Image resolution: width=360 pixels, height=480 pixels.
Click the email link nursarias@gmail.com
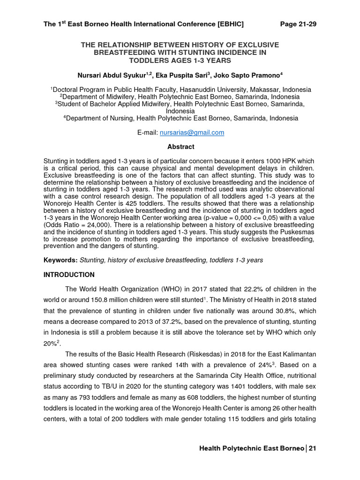tap(192, 133)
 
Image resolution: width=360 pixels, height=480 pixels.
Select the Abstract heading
tap(180, 147)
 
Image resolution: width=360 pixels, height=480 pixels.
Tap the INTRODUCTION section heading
tap(69, 275)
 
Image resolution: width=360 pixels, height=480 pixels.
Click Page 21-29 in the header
tap(298, 24)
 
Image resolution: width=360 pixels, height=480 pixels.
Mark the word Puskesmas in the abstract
tap(299, 232)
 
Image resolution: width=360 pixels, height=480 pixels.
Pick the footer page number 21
tap(312, 449)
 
